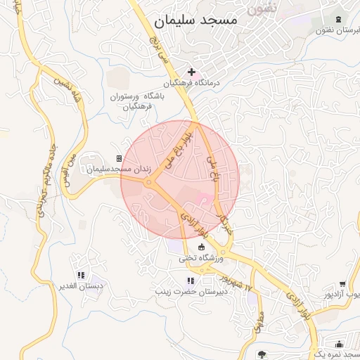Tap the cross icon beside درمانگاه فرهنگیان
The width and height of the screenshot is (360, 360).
(191, 72)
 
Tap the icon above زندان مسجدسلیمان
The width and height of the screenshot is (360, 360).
(119, 159)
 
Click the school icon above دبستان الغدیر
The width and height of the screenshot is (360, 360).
(82, 275)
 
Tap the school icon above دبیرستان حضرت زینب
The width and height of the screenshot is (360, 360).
(189, 281)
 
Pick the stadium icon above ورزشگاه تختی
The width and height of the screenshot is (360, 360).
(202, 247)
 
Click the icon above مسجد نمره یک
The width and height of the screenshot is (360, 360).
(340, 344)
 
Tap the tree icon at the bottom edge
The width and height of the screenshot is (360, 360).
(262, 354)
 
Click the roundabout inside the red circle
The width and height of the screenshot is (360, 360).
(149, 183)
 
